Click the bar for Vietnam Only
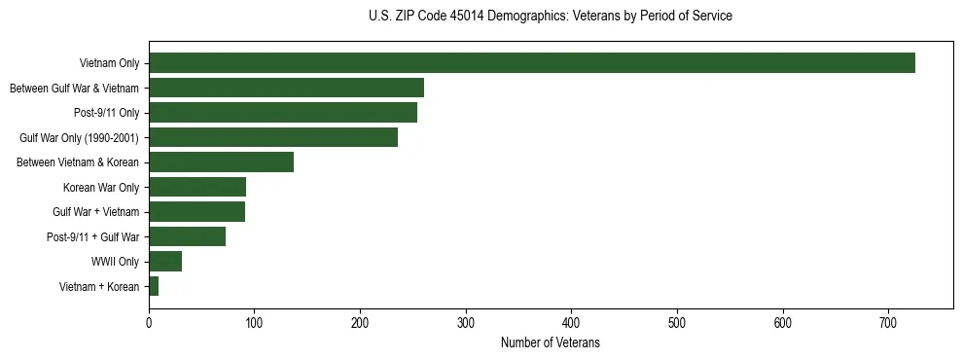[531, 63]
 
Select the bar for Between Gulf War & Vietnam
[286, 89]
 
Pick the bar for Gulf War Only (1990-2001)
[273, 137]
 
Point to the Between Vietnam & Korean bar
[221, 162]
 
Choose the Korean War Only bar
[197, 187]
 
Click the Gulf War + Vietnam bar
[196, 212]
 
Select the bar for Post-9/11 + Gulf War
[187, 236]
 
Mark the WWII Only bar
[165, 261]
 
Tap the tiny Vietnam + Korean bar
[154, 286]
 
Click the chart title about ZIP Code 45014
[551, 17]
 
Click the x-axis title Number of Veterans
[551, 343]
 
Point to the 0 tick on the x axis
[149, 323]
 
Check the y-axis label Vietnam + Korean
[99, 287]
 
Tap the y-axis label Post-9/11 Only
[106, 113]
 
